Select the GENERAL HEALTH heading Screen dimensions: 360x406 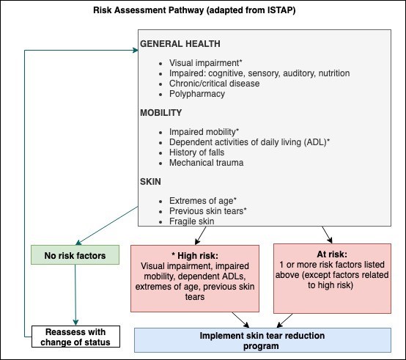click(181, 43)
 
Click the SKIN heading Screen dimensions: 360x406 click(152, 182)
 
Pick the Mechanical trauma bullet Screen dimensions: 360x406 click(206, 163)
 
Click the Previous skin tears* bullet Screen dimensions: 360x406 click(207, 211)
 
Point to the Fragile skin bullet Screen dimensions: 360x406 click(191, 221)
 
